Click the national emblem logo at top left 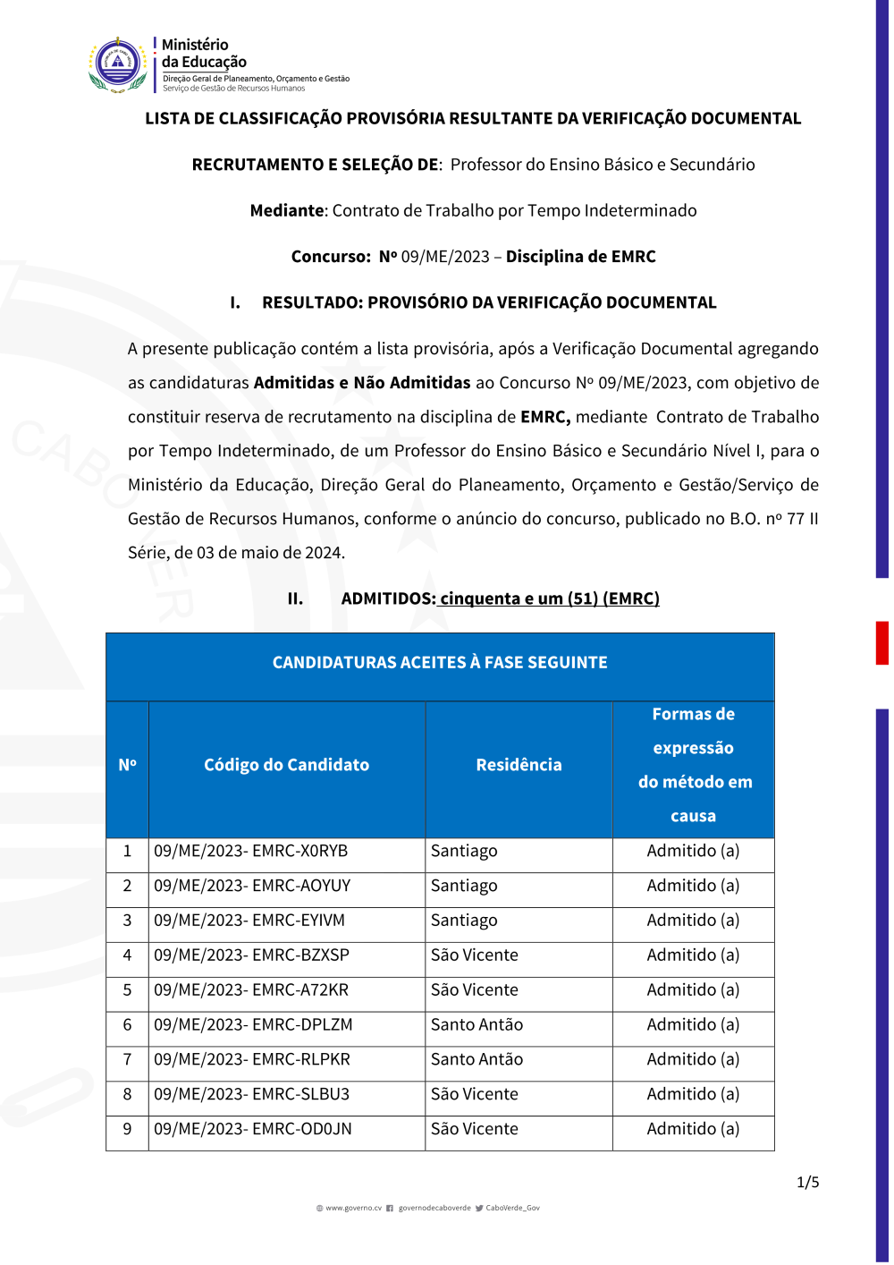[117, 64]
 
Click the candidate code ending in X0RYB [251, 851]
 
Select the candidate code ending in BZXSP [251, 955]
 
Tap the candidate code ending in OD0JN [253, 1129]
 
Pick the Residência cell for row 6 [477, 1025]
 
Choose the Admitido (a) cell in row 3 [693, 921]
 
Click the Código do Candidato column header [286, 765]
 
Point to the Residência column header [519, 765]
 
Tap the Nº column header [127, 765]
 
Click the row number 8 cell [127, 1094]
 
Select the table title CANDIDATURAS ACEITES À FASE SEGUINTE [440, 663]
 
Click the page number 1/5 [807, 1183]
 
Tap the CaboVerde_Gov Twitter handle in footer [512, 1208]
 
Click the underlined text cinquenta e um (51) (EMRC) [550, 599]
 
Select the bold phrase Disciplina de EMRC [580, 257]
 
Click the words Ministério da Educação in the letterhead [203, 54]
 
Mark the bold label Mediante [287, 211]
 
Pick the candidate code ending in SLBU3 [251, 1094]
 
